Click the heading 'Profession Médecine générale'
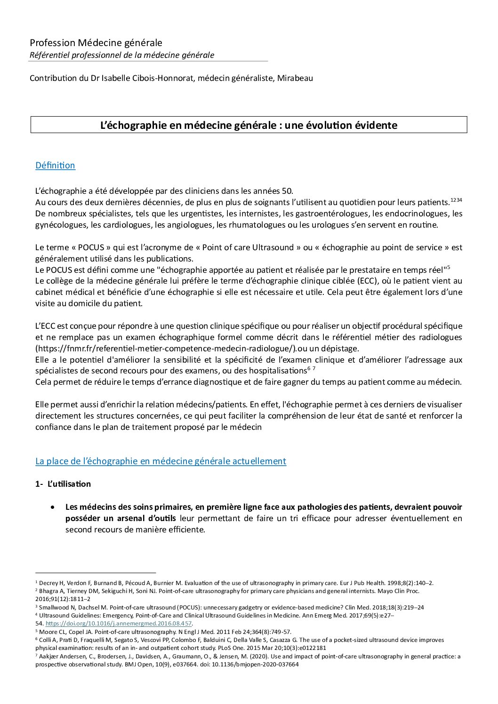click(96, 43)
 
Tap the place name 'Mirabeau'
click(297, 78)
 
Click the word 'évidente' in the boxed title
click(376, 126)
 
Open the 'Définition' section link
click(55, 166)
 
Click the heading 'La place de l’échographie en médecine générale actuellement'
click(161, 461)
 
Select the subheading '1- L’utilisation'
click(63, 484)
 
